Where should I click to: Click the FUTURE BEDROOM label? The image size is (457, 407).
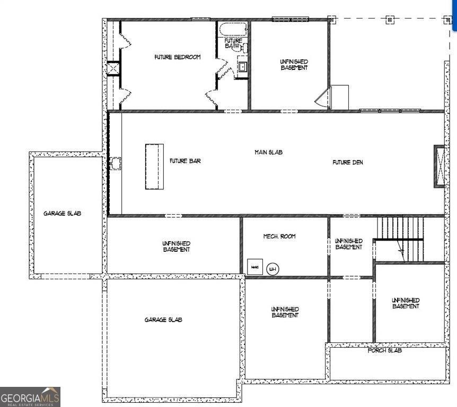coord(177,57)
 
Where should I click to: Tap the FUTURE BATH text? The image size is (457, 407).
coord(233,43)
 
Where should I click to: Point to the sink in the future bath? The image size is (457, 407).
coord(242,67)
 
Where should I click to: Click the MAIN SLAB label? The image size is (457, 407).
coord(268,153)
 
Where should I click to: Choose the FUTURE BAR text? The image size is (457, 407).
coord(185,161)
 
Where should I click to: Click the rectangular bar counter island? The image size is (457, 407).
coord(154,166)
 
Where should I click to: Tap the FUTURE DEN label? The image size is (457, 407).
coord(348,163)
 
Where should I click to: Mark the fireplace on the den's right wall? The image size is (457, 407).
coord(439,166)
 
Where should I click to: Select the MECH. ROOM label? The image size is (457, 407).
coord(279,236)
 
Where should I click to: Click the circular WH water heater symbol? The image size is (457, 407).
coord(273,269)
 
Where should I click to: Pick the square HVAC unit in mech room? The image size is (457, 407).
coord(254,267)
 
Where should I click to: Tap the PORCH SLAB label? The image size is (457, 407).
coord(385,351)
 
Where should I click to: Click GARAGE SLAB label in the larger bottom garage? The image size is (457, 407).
coord(163,320)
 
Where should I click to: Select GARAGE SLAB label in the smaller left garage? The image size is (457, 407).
coord(62,214)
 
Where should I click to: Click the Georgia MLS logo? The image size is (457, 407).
coord(30,397)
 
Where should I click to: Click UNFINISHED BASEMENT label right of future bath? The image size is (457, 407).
coord(294,65)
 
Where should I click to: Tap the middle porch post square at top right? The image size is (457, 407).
coord(390,20)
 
